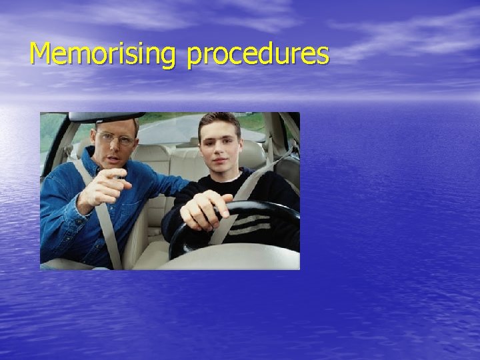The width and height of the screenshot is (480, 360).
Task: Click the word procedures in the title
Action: tap(257, 55)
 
